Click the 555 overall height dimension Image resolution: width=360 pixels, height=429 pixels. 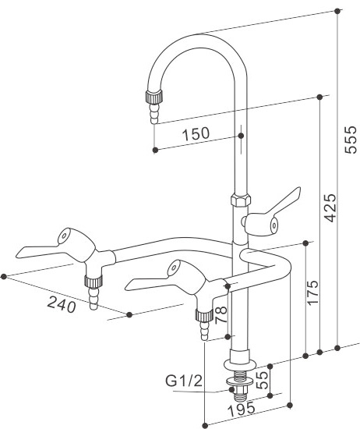coord(351,140)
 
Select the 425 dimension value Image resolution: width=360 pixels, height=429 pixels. coord(330,208)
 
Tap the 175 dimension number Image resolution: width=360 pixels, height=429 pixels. coord(312,292)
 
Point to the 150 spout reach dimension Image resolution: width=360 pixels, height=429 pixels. coord(196,134)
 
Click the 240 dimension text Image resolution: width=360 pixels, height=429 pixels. coord(62,304)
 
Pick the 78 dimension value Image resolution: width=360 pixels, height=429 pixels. coord(221,314)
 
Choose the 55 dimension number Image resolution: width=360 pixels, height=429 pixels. coord(263,380)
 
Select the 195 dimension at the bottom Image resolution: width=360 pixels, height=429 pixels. coord(242,409)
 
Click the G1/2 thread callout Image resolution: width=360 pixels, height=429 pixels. coord(184,381)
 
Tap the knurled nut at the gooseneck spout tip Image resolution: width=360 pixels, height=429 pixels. coord(154,97)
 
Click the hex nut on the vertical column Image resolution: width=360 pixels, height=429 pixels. coord(241,199)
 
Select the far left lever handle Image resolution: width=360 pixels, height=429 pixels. coord(56,245)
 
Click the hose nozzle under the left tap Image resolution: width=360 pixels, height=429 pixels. coord(94,298)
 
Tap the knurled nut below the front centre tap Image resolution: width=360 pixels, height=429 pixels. coord(204,314)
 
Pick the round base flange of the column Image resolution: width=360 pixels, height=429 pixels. coord(240,364)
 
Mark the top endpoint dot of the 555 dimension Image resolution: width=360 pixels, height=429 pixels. coord(337,11)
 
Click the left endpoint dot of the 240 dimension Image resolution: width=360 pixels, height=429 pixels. coord(4,276)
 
